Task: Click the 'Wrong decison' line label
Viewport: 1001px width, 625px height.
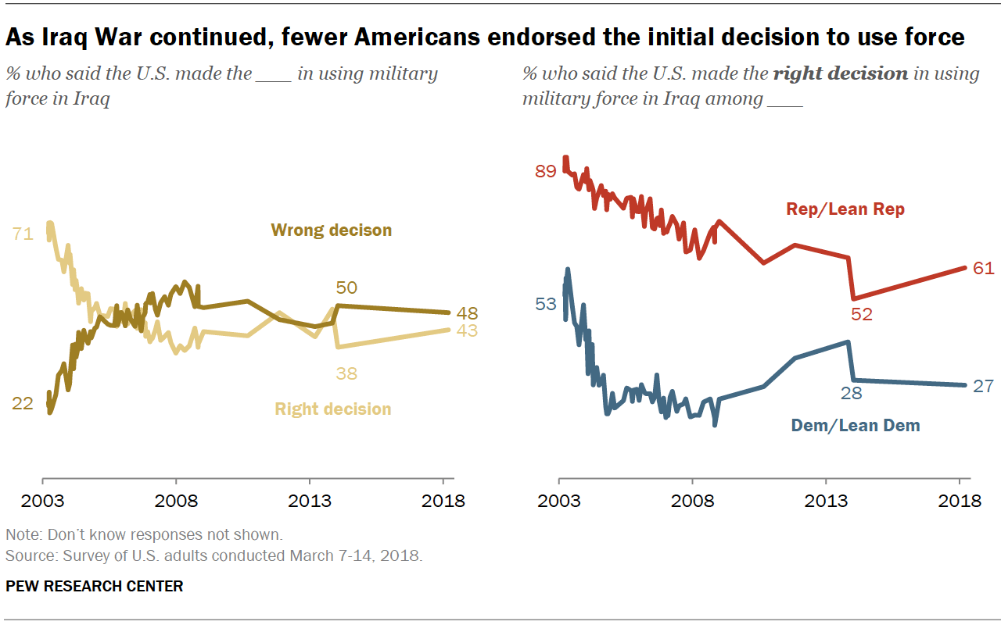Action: (331, 230)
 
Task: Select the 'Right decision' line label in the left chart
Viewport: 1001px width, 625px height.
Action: (332, 409)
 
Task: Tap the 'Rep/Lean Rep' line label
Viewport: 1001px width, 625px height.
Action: (845, 209)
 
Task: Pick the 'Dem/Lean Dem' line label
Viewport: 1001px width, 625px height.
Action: (856, 426)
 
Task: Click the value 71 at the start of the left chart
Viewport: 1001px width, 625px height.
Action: (23, 233)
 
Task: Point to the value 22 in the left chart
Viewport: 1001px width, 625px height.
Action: (23, 403)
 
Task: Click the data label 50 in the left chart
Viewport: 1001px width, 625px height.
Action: (346, 288)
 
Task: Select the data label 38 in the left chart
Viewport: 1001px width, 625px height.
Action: (346, 373)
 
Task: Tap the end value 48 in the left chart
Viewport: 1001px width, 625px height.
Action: (467, 313)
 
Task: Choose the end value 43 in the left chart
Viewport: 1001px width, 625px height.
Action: (467, 330)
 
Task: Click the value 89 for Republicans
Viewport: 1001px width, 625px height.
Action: (545, 171)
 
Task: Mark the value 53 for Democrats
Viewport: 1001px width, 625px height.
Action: (545, 304)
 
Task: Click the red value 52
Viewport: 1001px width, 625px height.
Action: (862, 315)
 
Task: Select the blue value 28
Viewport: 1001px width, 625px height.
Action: (851, 393)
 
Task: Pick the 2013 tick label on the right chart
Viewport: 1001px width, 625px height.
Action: (826, 501)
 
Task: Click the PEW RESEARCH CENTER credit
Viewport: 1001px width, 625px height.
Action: (95, 586)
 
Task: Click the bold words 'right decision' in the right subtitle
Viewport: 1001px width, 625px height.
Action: (840, 74)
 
